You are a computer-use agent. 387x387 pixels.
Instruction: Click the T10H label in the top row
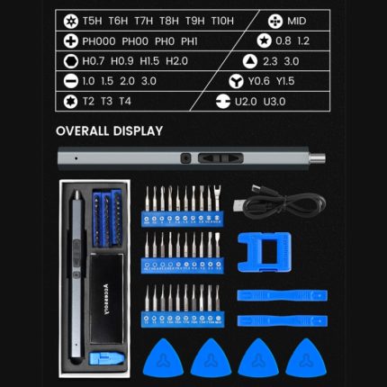pos(222,21)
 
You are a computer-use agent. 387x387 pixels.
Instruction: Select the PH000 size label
pos(99,41)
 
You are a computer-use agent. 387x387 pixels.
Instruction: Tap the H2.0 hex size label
pos(176,61)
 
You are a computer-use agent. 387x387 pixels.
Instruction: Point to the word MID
pos(296,21)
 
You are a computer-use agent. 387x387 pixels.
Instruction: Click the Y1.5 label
pos(285,81)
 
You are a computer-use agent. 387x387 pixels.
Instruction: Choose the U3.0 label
pos(274,102)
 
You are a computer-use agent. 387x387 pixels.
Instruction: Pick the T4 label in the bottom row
pos(125,101)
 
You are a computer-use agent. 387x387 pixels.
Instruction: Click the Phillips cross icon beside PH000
pos(71,41)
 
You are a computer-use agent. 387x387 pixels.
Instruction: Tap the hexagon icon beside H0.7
pos(71,61)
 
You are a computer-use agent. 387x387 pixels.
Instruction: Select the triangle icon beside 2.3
pos(250,61)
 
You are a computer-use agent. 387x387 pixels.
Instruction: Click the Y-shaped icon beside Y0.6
pos(236,81)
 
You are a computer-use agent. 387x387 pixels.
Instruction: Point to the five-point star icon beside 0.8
pos(265,41)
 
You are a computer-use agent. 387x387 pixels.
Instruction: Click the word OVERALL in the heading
pos(82,130)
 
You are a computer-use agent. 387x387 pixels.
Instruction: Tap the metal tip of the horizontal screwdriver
pos(318,157)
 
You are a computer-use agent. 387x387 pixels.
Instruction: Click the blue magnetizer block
pos(265,252)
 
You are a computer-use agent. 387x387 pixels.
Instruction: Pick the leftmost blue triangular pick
pos(163,358)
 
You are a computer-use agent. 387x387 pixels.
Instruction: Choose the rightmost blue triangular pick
pos(306,358)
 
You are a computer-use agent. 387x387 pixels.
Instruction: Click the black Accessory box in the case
pos(107,299)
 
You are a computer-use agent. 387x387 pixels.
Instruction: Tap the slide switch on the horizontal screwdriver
pos(220,158)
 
